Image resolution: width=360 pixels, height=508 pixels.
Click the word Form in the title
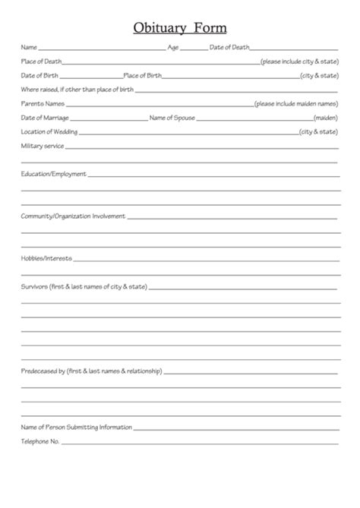[210, 28]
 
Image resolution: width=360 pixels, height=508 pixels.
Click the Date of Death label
[229, 47]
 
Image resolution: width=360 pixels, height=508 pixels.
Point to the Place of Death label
[42, 61]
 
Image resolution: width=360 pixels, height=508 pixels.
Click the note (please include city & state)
[298, 61]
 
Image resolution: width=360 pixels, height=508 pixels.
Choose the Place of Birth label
[142, 75]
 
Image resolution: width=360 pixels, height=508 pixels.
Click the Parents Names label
[43, 103]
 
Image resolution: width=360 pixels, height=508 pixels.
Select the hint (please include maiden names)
[295, 103]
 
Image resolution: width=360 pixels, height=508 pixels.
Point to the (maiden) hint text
[325, 118]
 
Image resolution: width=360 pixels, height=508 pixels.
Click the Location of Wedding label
[49, 131]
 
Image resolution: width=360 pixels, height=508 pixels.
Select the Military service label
[42, 146]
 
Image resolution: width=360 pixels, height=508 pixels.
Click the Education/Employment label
[53, 174]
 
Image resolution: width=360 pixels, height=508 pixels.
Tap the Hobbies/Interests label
[46, 258]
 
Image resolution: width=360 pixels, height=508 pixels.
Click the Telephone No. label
[39, 441]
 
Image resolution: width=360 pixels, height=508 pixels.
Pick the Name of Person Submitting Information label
[77, 427]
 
